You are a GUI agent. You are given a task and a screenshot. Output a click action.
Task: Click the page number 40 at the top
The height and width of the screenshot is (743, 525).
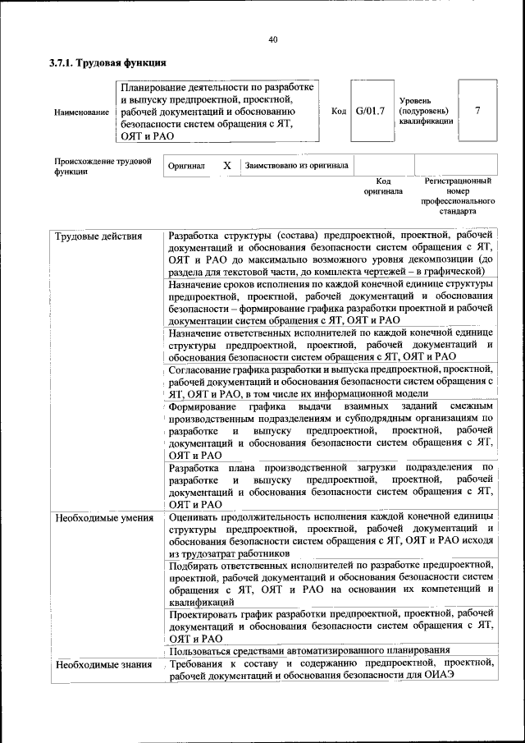(x=273, y=39)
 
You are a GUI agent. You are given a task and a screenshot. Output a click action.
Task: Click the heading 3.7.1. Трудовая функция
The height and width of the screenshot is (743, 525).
(x=107, y=62)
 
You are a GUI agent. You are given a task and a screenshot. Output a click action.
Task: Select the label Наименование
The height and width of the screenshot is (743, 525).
(x=81, y=112)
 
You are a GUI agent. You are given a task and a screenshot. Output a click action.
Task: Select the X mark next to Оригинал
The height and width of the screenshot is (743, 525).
(x=227, y=165)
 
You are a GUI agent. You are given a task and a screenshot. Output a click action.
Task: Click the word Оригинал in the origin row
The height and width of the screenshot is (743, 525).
(x=185, y=166)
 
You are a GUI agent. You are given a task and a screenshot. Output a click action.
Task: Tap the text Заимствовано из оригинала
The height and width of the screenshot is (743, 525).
(x=296, y=165)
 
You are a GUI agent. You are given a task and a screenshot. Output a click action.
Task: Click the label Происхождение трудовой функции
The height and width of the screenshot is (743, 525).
(x=103, y=167)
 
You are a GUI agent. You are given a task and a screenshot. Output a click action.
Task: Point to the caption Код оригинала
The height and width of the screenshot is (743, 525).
(x=383, y=186)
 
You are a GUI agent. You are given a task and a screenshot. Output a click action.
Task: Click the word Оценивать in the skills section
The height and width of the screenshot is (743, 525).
(x=197, y=518)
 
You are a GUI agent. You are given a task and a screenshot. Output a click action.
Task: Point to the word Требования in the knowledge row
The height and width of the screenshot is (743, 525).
(x=202, y=663)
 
